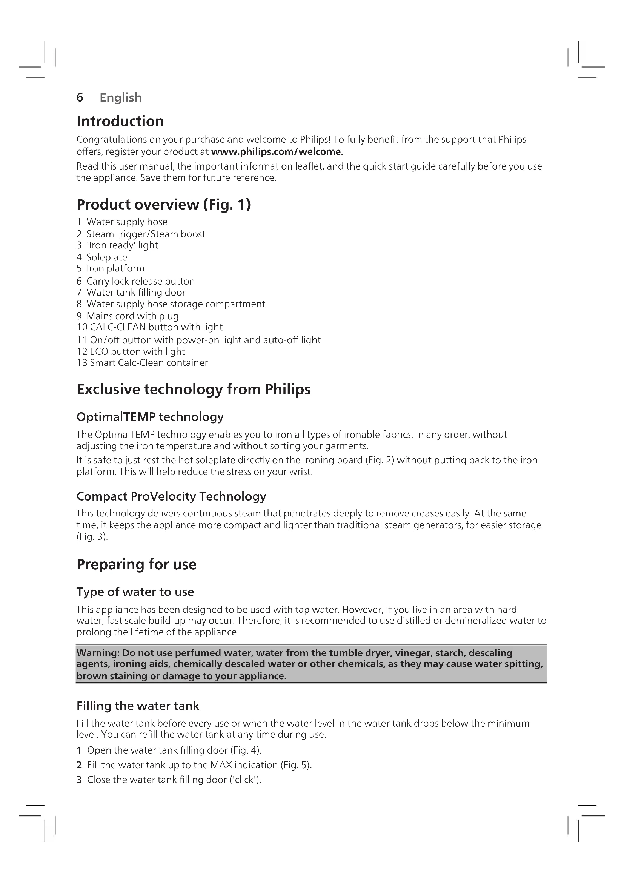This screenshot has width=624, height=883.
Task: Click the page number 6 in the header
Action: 80,97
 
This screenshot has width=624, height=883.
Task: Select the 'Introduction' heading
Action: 120,121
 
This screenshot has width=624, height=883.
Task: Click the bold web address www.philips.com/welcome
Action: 276,151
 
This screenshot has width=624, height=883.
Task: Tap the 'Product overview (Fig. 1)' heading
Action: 164,205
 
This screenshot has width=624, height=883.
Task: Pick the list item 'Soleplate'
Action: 106,257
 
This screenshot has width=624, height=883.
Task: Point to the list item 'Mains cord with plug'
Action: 132,316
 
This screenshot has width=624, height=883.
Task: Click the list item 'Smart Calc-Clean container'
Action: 149,363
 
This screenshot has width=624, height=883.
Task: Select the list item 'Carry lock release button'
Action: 140,281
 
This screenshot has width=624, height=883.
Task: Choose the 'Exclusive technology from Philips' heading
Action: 193,389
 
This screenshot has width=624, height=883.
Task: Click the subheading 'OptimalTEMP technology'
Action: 150,417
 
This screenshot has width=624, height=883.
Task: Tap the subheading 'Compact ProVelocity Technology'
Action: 171,496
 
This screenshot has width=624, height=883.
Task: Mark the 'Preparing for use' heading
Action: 137,564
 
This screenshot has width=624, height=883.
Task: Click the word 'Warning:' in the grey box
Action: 98,653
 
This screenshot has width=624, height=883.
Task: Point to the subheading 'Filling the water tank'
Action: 138,706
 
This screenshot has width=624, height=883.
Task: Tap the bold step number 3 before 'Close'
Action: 79,780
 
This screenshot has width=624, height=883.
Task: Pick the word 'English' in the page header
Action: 121,98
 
